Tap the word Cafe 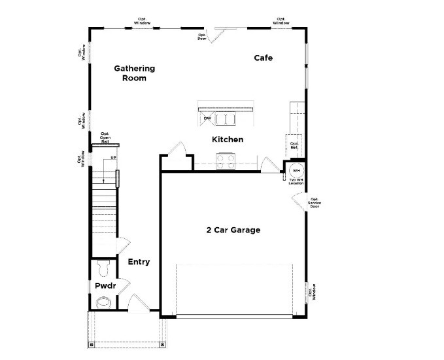(263, 58)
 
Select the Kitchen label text (228, 139)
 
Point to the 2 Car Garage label (233, 230)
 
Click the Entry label (139, 262)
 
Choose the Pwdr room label (105, 286)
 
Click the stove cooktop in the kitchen (226, 159)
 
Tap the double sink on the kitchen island (227, 119)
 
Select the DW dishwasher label (207, 118)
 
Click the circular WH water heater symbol (295, 169)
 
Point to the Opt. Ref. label (294, 145)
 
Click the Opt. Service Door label (315, 202)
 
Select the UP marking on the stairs (112, 158)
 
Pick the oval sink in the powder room (103, 302)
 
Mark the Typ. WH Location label (296, 181)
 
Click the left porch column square (92, 344)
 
